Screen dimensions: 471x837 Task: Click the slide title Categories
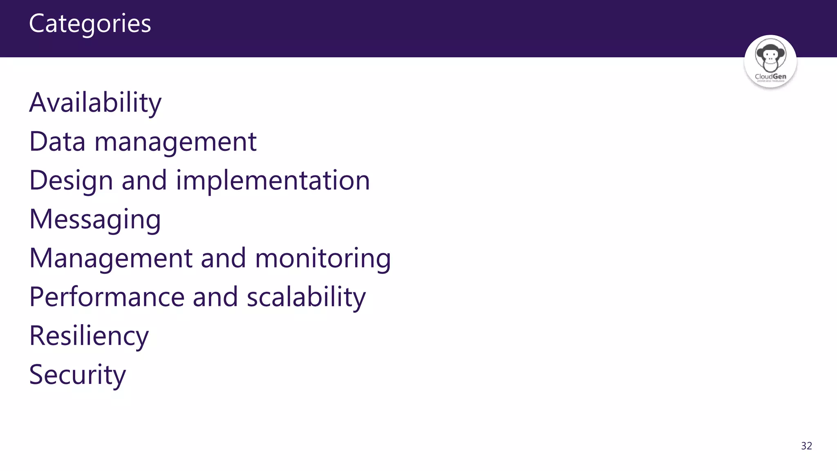click(90, 24)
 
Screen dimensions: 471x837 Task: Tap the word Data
click(57, 141)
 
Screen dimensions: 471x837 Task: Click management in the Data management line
click(175, 142)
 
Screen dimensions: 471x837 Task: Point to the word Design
click(71, 181)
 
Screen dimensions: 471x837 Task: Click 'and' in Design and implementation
click(144, 180)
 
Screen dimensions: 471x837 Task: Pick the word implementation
click(273, 181)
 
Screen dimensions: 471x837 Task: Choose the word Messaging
click(95, 220)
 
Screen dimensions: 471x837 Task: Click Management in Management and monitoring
click(111, 258)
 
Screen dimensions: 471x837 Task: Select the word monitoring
click(323, 259)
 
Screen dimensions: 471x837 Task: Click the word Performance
click(107, 297)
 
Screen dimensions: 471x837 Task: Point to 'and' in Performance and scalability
click(215, 297)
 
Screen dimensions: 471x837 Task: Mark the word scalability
click(306, 297)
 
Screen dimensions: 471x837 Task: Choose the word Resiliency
click(89, 336)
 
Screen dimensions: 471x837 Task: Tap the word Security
click(77, 375)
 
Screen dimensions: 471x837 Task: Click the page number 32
click(806, 446)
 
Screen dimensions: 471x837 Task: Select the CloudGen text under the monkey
click(770, 76)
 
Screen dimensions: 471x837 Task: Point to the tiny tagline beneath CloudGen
click(770, 81)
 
